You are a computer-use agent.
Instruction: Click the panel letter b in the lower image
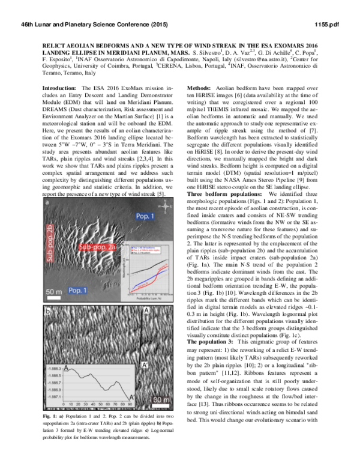click(48, 311)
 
